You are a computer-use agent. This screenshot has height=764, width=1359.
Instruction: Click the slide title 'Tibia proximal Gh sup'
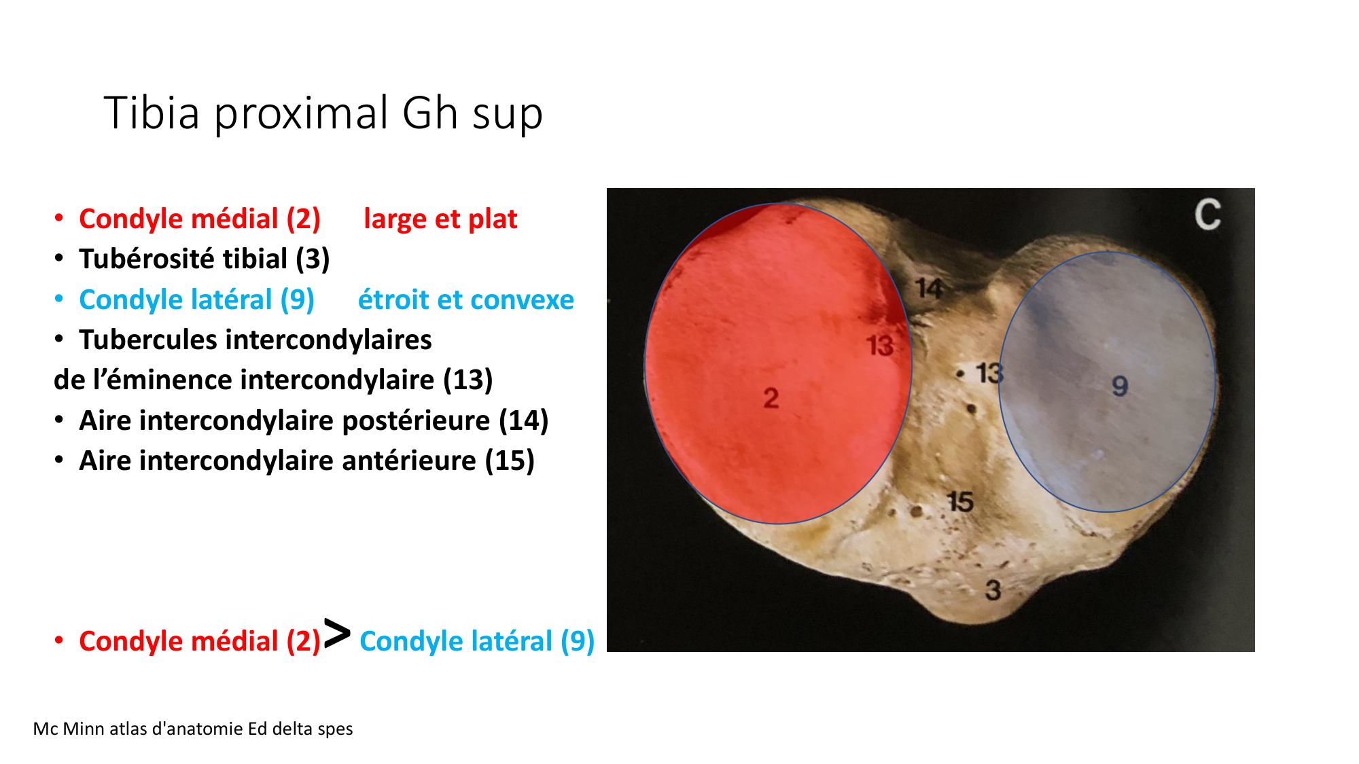[x=323, y=113]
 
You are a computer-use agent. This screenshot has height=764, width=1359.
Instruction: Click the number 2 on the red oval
[x=771, y=398]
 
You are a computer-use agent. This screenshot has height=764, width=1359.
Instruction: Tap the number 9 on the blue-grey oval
[x=1120, y=386]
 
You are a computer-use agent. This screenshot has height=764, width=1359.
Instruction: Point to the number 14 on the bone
[x=930, y=289]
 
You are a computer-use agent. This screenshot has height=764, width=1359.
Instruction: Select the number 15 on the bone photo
[x=960, y=502]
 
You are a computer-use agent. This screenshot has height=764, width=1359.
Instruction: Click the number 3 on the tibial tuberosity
[x=993, y=589]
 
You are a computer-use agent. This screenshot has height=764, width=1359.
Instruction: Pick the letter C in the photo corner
[x=1207, y=215]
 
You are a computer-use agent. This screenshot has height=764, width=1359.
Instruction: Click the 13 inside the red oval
[x=880, y=346]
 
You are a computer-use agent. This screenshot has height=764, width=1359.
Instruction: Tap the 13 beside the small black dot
[x=989, y=373]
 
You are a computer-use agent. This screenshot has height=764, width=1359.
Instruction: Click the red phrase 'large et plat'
[x=440, y=219]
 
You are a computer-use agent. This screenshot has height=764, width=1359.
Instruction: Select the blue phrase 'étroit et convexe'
[x=466, y=299]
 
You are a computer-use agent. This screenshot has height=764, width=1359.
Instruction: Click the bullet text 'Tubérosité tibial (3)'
[x=204, y=259]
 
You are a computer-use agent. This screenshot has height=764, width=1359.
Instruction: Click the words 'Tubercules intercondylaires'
[x=255, y=340]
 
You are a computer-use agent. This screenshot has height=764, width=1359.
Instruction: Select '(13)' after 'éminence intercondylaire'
[x=467, y=380]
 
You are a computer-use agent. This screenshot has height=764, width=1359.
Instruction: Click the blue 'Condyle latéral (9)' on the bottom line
[x=477, y=641]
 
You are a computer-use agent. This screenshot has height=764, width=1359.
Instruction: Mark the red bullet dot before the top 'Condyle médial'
[x=59, y=219]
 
